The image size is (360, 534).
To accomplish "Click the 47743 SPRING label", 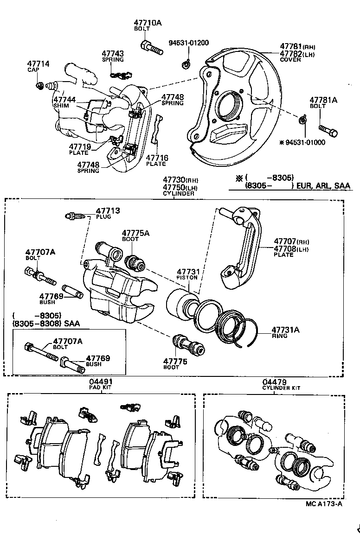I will [x=113, y=56].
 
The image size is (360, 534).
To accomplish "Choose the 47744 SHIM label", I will [x=64, y=102].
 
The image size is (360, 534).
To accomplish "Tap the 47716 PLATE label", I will [x=157, y=160].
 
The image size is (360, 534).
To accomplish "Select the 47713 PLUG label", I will [x=108, y=213].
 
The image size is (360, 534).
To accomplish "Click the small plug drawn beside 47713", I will [x=75, y=216].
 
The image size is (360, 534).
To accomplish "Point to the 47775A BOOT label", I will [x=135, y=235].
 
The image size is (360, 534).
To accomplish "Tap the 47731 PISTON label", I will [x=187, y=274].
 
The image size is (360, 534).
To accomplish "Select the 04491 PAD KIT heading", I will [x=101, y=384].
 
